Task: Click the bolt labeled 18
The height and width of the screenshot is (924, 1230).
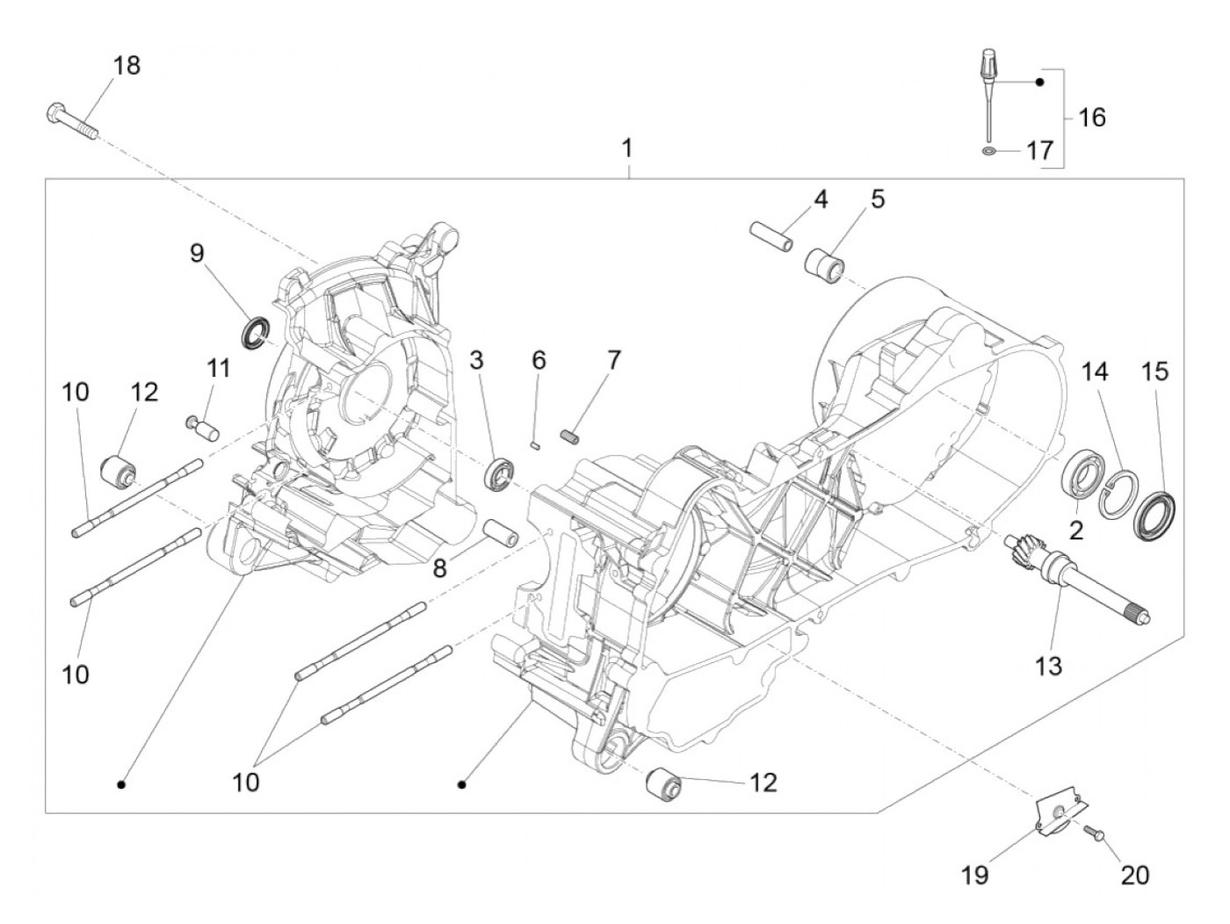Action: point(70,121)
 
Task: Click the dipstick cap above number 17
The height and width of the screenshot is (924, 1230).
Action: point(987,67)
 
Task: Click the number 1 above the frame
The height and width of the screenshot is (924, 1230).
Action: point(627,148)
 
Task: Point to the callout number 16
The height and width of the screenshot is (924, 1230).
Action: point(1092,116)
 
